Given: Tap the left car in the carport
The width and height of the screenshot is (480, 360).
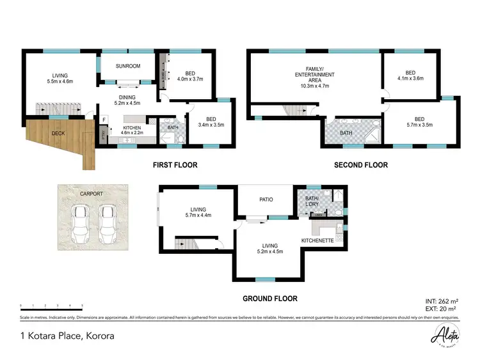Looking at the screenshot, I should [81, 222].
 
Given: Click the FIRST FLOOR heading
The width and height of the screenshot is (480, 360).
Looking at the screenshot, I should [175, 165].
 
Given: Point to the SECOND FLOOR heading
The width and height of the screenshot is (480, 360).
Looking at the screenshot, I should [361, 165].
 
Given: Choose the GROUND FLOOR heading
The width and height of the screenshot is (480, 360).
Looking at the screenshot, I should [269, 299].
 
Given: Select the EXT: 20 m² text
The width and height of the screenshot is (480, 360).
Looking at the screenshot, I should [442, 308].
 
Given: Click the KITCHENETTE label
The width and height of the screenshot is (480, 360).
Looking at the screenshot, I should [317, 240].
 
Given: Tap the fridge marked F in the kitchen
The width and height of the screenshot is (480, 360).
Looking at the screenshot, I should [104, 120].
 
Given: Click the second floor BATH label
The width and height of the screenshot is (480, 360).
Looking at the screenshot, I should [346, 133].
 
